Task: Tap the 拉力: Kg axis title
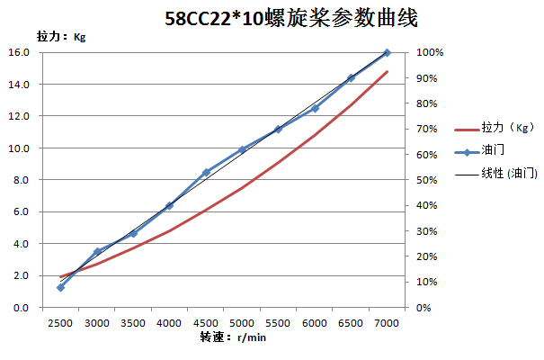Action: [61, 37]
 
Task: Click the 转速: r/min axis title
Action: [233, 337]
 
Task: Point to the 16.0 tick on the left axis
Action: [20, 52]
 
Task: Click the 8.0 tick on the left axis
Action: [20, 180]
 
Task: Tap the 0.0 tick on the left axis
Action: [20, 308]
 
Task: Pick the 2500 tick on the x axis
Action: [60, 322]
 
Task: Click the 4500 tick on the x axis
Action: [206, 322]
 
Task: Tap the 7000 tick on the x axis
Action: [387, 322]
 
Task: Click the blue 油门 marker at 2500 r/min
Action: [60, 287]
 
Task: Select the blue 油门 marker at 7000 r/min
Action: [387, 53]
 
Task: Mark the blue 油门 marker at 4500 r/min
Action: [206, 172]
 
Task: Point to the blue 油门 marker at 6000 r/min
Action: [315, 109]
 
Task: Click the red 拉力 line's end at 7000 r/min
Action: [387, 72]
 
